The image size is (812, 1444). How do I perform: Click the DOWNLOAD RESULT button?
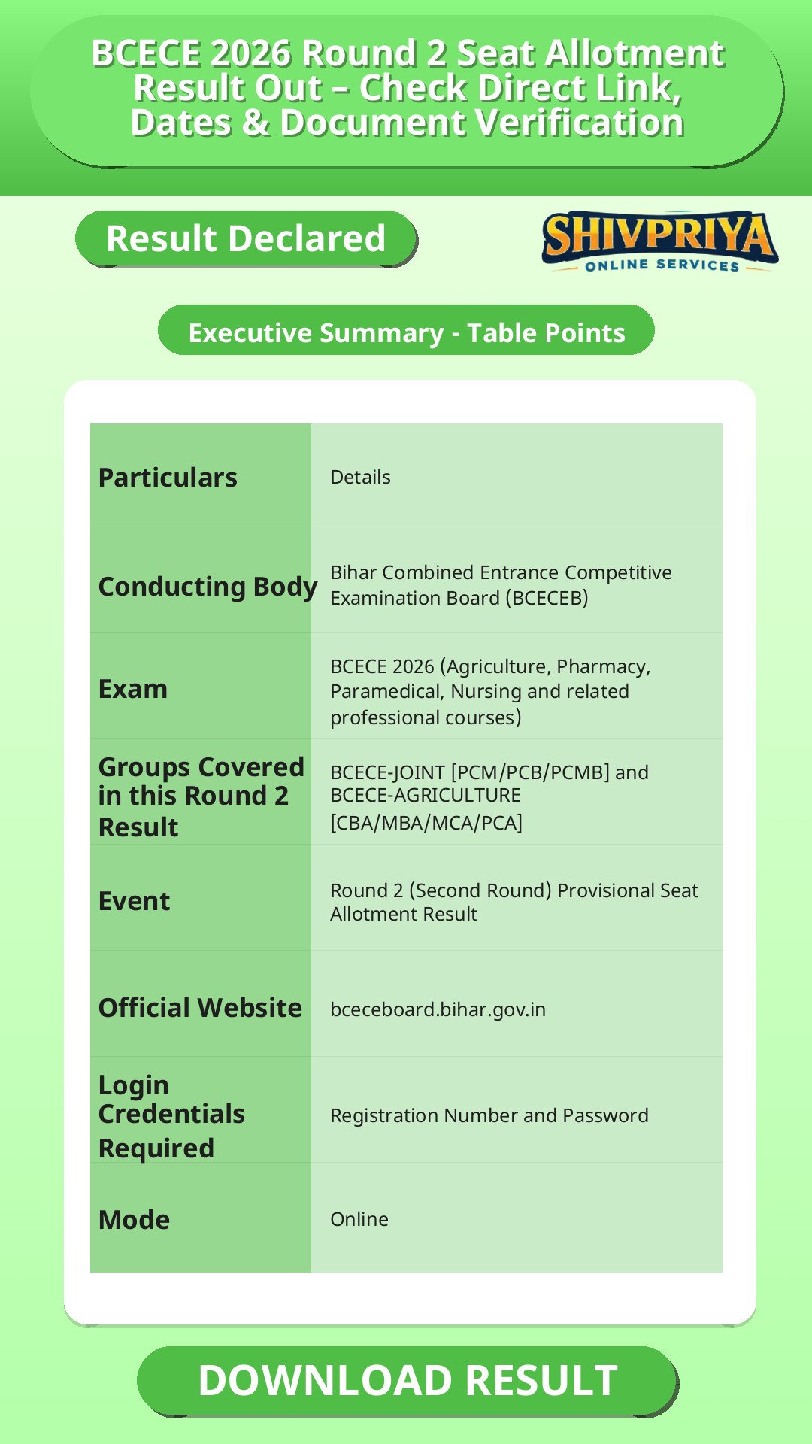coord(407,1381)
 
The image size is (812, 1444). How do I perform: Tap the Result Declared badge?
coord(246,238)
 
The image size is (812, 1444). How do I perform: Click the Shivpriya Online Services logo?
coord(660,241)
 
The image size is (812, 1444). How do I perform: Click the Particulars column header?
coord(168,478)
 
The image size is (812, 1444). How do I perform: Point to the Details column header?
coord(360,477)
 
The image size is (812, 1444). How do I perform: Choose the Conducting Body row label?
coord(208,587)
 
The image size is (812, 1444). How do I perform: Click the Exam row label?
coord(133,689)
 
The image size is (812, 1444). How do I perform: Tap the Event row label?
coord(134,901)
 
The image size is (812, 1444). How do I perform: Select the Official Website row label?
coord(200,1008)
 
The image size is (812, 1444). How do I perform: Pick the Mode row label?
coord(134,1220)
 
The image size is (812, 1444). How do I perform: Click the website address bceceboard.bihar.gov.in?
coord(438,1009)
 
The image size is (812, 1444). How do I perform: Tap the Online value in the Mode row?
coord(359,1219)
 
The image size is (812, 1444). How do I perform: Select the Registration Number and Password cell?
coord(489,1115)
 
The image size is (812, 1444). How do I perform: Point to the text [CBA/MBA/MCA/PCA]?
coord(426,823)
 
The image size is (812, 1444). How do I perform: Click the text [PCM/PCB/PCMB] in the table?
coord(530,772)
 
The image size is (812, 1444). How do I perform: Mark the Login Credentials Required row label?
coord(171,1117)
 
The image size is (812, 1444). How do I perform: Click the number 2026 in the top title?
coord(250,54)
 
